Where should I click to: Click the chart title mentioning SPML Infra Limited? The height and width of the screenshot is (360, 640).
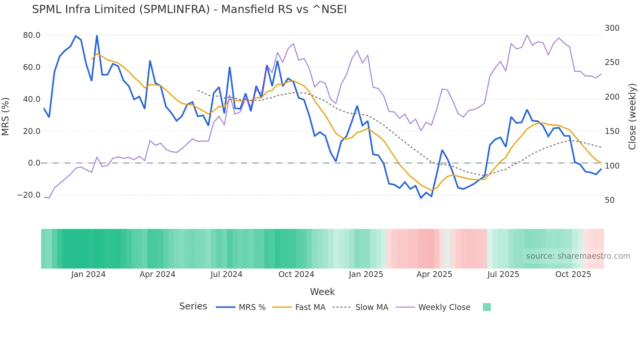[x=189, y=9]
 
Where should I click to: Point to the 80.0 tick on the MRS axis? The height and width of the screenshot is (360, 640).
[x=32, y=35]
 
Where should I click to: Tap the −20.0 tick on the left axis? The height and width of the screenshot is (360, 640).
[x=29, y=195]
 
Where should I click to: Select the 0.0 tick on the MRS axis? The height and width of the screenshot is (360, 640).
[x=34, y=163]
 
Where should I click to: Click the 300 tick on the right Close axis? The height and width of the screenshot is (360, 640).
[x=612, y=28]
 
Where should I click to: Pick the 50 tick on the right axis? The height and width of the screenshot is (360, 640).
[x=610, y=200]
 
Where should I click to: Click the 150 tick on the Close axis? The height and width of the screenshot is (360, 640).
[x=612, y=131]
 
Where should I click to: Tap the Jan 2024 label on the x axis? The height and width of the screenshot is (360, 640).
[x=88, y=274]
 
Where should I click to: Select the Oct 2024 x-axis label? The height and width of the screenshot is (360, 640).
[x=296, y=274]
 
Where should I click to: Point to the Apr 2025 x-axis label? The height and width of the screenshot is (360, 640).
[x=434, y=274]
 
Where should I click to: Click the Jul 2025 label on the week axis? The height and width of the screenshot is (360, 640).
[x=503, y=274]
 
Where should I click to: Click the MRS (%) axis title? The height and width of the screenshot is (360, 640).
[x=6, y=116]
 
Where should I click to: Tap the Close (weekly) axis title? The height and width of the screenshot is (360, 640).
[x=632, y=117]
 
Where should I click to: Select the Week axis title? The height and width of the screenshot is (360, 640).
[x=322, y=292]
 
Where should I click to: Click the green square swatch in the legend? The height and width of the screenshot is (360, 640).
[x=487, y=307]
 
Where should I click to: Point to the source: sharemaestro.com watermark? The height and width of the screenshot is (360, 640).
[x=578, y=256]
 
